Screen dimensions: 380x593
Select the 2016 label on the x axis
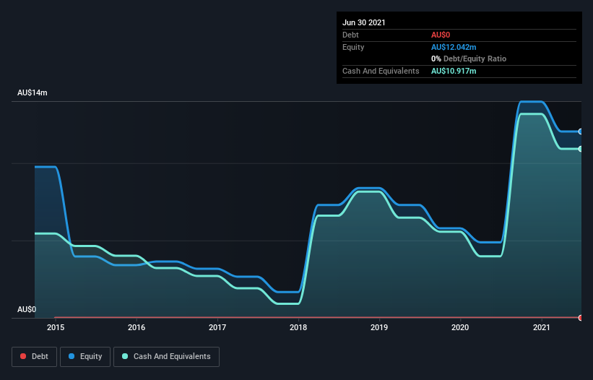(136, 327)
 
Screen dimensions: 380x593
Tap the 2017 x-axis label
(217, 327)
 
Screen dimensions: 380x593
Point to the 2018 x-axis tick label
(298, 327)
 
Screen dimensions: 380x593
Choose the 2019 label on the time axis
(379, 327)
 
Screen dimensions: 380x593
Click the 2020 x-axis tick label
(460, 327)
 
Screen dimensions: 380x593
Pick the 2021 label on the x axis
(541, 327)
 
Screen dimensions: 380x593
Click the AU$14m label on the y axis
(32, 93)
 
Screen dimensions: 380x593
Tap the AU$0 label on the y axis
(27, 309)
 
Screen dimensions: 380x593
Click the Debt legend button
(33, 356)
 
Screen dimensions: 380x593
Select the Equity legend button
(85, 356)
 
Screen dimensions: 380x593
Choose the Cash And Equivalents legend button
(166, 356)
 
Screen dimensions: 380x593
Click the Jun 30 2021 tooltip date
(364, 22)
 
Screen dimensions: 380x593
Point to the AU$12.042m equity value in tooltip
(454, 47)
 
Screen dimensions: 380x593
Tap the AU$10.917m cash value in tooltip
(454, 71)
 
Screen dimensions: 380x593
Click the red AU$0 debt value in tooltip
(441, 35)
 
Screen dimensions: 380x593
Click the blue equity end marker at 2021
(581, 131)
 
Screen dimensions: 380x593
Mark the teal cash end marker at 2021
(581, 149)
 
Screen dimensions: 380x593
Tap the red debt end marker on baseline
(581, 317)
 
